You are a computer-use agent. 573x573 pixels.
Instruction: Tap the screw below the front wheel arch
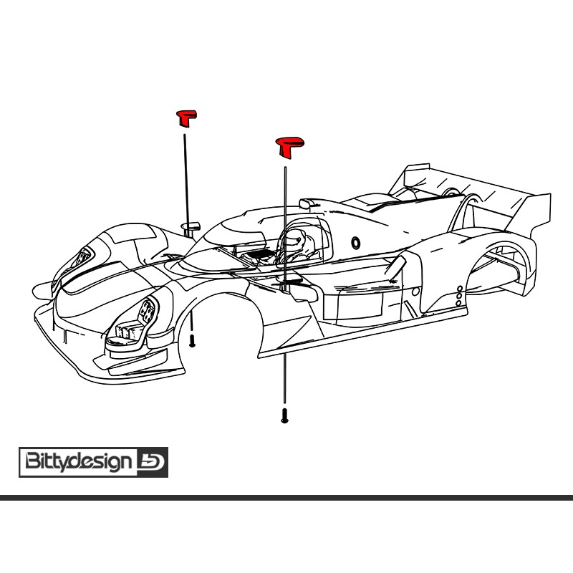click(x=192, y=342)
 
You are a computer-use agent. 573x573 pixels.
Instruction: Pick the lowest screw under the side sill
click(x=284, y=415)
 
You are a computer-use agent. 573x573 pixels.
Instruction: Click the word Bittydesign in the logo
click(x=79, y=461)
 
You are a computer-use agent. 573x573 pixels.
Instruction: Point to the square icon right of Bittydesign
click(x=151, y=461)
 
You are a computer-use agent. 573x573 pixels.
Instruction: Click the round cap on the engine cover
click(x=355, y=242)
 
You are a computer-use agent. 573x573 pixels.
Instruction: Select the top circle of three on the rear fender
click(x=459, y=289)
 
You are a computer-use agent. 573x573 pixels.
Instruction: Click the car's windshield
click(x=229, y=236)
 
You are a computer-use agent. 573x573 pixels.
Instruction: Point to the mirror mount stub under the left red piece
click(x=192, y=228)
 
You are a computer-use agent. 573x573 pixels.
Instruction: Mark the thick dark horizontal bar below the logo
click(x=286, y=497)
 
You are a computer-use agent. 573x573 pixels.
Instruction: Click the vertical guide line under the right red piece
click(x=285, y=215)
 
